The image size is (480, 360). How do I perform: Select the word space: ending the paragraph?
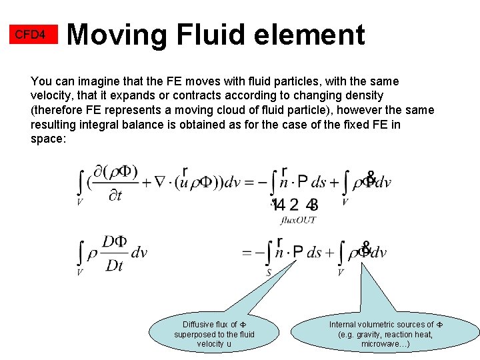48,139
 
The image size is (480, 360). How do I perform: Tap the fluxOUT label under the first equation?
298,219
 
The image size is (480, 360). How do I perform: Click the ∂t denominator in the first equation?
115,195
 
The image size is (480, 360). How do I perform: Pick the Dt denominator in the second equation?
115,265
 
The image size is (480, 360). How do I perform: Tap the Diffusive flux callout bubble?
214,333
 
